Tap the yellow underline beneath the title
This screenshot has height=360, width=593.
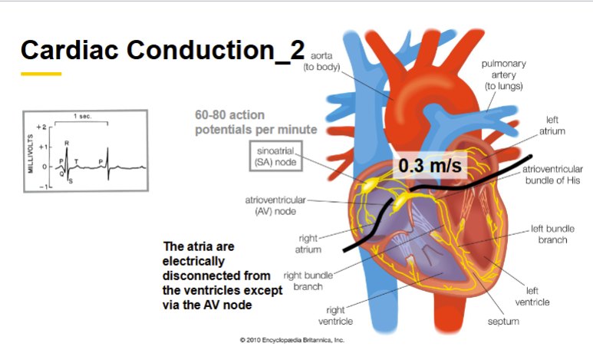click(x=41, y=74)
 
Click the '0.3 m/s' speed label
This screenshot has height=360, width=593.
click(x=430, y=165)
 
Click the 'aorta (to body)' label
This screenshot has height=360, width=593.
click(x=323, y=61)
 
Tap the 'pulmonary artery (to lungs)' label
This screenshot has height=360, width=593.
click(x=503, y=75)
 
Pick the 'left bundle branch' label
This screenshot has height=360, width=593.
click(x=549, y=235)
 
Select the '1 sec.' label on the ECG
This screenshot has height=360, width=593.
click(x=81, y=117)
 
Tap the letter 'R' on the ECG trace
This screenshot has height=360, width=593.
click(x=67, y=143)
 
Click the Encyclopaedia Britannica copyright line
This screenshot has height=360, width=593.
click(x=292, y=339)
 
